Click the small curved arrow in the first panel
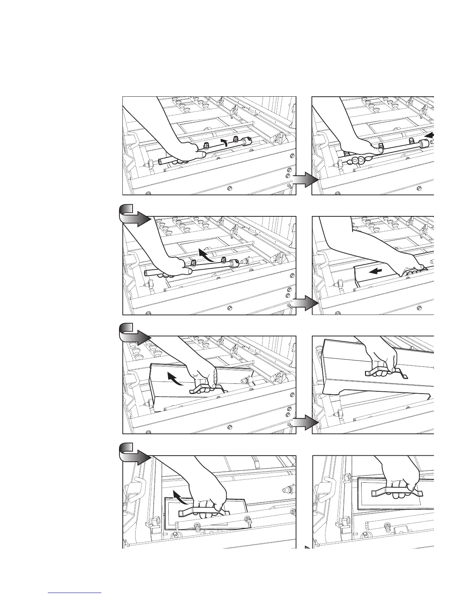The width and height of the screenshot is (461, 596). click(224, 142)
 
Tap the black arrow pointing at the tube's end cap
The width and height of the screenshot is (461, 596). click(430, 135)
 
